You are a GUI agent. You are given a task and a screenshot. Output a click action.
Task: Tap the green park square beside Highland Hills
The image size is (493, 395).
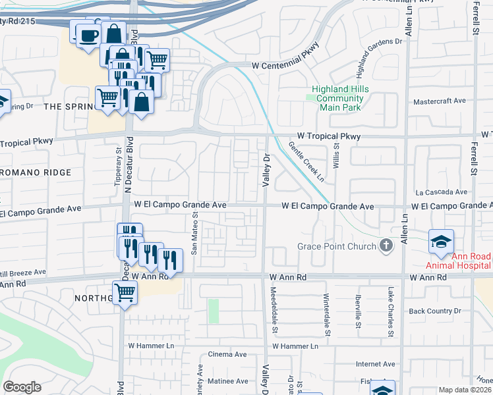tap(312, 98)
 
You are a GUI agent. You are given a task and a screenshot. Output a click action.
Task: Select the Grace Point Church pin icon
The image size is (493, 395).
tap(388, 246)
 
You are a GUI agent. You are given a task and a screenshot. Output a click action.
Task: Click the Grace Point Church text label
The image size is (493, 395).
tap(336, 246)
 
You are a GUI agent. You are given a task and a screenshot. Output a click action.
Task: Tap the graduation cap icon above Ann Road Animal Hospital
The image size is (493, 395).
tap(441, 241)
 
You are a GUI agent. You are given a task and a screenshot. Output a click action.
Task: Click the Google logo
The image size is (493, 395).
tap(22, 387)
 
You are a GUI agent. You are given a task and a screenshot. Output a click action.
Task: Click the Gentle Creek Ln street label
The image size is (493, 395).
tap(306, 163)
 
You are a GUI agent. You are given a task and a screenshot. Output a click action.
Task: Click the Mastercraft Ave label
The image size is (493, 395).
tap(439, 101)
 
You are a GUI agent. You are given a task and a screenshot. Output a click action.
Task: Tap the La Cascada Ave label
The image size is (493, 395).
tap(441, 192)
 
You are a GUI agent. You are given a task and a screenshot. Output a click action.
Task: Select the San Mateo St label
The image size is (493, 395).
tap(194, 233)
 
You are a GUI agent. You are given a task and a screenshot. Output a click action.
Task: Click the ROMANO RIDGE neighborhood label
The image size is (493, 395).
tap(36, 172)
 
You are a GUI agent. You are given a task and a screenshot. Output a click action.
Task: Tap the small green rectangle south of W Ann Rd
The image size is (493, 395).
tap(214, 311)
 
